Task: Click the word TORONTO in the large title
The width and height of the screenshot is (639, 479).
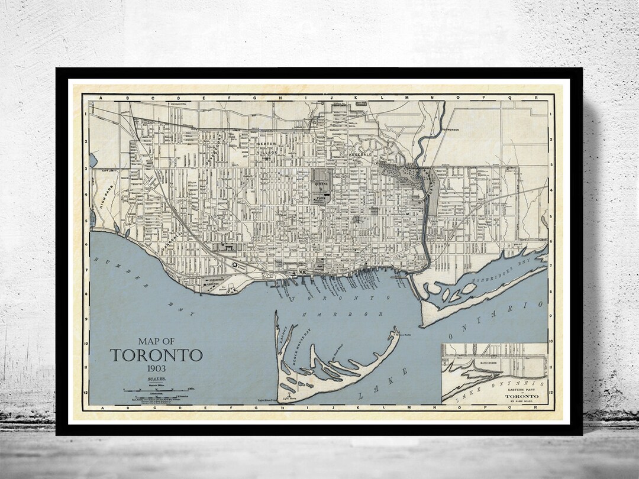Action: pyautogui.click(x=156, y=355)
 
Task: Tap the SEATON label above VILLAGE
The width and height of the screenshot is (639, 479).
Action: pyautogui.click(x=266, y=144)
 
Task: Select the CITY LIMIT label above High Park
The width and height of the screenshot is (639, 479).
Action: pyautogui.click(x=107, y=170)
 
